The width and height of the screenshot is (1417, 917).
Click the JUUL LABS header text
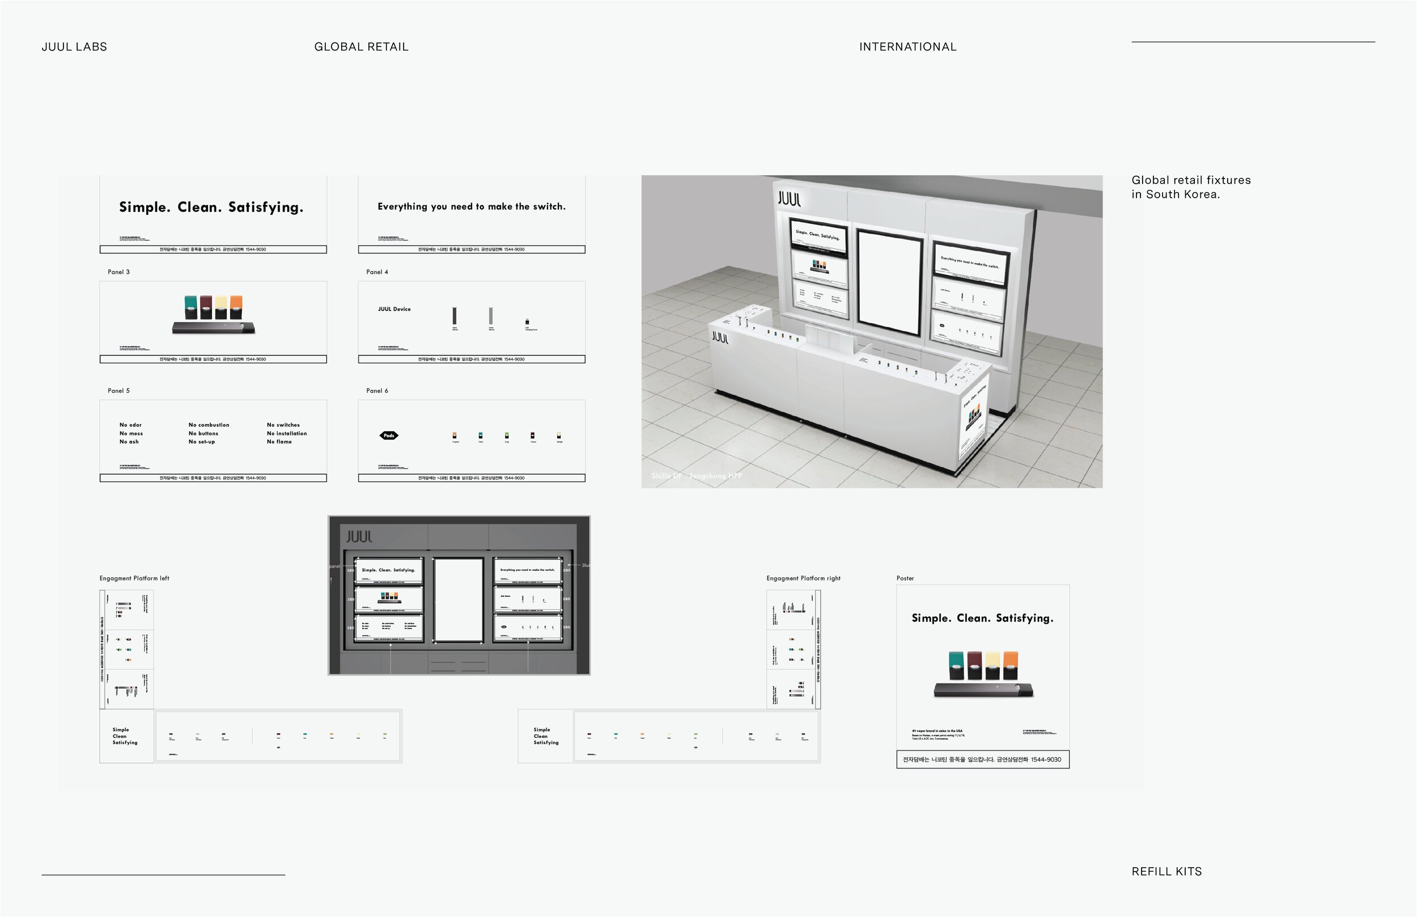point(74,47)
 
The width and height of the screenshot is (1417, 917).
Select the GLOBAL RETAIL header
point(361,47)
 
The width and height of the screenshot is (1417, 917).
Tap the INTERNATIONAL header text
point(907,47)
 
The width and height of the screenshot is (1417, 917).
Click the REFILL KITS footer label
point(1166,872)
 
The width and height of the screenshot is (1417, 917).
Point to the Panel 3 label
point(118,272)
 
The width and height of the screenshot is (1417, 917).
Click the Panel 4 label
point(377,272)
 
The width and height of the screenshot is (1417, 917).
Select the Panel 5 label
point(118,390)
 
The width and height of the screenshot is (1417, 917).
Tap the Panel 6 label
point(377,390)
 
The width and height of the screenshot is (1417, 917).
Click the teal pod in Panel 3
point(190,306)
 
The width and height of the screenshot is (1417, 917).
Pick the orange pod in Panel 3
point(236,306)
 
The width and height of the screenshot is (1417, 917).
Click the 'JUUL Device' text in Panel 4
point(394,309)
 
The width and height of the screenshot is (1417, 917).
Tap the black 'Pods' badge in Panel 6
point(389,435)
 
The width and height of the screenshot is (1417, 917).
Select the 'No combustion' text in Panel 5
point(209,425)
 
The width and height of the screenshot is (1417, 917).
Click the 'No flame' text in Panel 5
point(279,442)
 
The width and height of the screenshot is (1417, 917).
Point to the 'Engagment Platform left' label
point(134,578)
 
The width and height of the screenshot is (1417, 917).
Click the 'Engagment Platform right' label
point(803,578)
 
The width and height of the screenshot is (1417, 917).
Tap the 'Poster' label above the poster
point(905,578)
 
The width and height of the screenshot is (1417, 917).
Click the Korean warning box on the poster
point(982,760)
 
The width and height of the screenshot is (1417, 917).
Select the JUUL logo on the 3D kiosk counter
point(720,338)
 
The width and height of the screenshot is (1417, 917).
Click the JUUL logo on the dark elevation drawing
point(359,537)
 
